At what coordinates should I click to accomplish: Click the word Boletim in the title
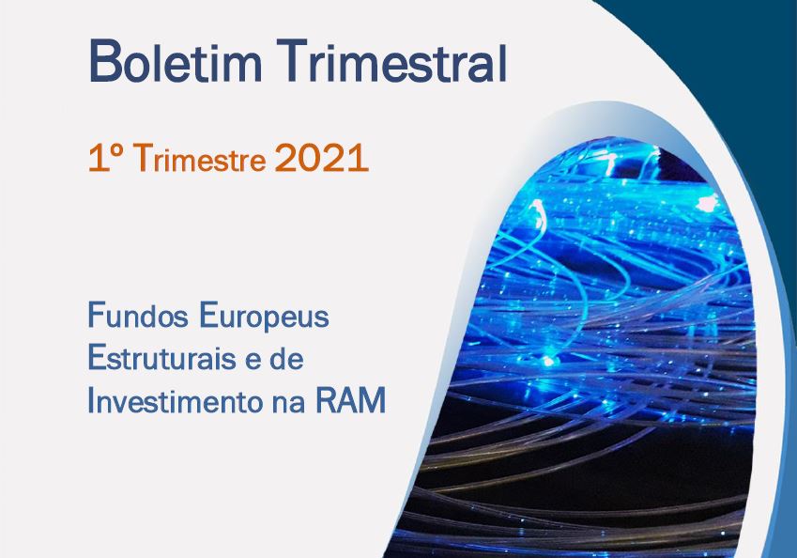pyautogui.click(x=176, y=61)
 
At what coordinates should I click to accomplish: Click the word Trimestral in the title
pyautogui.click(x=395, y=61)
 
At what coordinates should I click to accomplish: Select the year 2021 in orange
pyautogui.click(x=321, y=158)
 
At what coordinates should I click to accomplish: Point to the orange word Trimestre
pyautogui.click(x=201, y=158)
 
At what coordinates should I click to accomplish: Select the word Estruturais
pyautogui.click(x=161, y=358)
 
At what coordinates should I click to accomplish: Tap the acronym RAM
pyautogui.click(x=351, y=401)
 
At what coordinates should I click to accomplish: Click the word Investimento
pyautogui.click(x=172, y=401)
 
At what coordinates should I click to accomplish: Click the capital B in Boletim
pyautogui.click(x=103, y=61)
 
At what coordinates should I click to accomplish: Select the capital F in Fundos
pyautogui.click(x=96, y=316)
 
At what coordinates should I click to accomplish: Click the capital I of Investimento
pyautogui.click(x=91, y=401)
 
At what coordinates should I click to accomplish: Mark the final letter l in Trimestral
pyautogui.click(x=503, y=61)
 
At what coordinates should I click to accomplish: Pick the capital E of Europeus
pyautogui.click(x=207, y=316)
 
